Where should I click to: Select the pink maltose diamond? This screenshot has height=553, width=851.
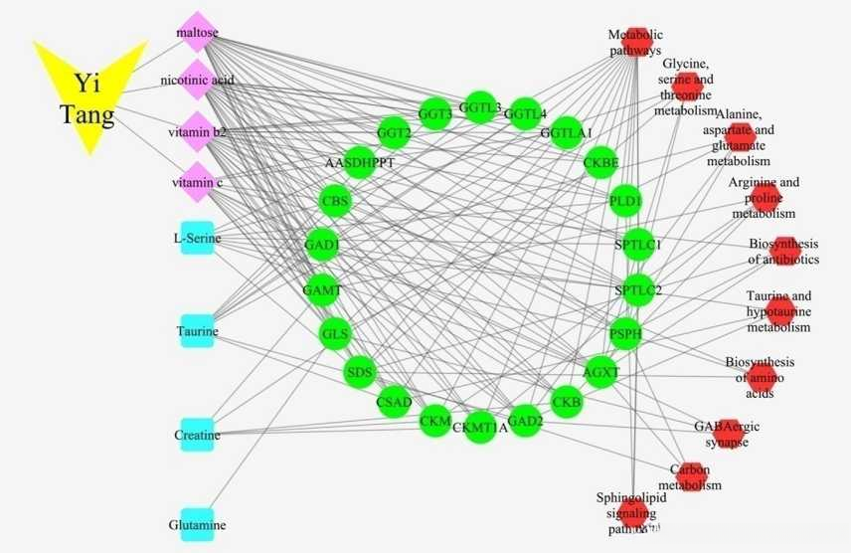coord(198,32)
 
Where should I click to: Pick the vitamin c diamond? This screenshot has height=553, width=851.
coord(198,182)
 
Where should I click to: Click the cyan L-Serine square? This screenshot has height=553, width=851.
coord(198,238)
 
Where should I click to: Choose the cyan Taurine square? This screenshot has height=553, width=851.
coord(198,331)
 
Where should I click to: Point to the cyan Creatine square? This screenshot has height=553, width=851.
coord(198,435)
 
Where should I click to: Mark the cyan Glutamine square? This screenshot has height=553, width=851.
coord(198,524)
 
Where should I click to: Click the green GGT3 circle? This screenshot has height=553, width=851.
coord(434,114)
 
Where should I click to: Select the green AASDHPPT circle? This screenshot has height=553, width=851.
coord(359,162)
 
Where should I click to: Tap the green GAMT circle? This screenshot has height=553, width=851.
coord(322,290)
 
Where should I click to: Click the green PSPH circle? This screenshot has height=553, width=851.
coord(625,334)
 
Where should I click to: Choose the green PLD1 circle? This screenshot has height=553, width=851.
coord(625,201)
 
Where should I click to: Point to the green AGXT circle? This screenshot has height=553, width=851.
coord(600,373)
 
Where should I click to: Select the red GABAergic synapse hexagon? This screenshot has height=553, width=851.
coord(728,432)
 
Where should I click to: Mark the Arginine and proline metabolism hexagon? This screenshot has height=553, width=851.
coord(766,197)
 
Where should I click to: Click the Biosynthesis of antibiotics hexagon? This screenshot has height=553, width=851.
coord(785,251)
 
